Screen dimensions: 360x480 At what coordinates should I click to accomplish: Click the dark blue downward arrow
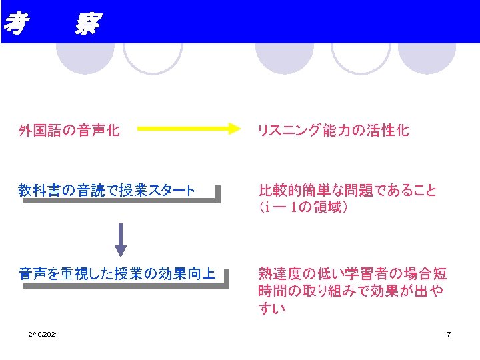pos(120,238)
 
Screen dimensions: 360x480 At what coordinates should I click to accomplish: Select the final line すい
pos(272,309)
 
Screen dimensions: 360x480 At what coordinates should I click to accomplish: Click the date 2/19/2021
pos(43,334)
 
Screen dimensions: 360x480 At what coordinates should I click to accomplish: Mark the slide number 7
pos(449,334)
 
